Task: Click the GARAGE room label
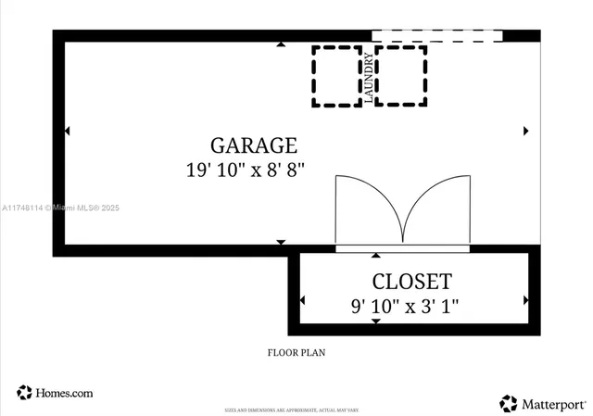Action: (253, 145)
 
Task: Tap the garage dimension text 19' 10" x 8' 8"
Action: (244, 170)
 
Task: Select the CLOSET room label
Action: (411, 282)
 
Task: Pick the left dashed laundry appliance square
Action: (336, 75)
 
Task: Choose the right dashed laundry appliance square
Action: (401, 75)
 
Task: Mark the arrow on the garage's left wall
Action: (66, 131)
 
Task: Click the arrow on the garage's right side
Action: (526, 131)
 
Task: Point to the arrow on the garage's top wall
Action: (281, 44)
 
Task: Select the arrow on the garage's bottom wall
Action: (281, 242)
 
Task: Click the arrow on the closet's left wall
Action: (302, 300)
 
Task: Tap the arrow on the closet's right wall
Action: (525, 300)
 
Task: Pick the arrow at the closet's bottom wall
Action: (375, 321)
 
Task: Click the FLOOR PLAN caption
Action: (296, 352)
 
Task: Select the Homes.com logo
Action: (55, 393)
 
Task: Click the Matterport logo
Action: (543, 403)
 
